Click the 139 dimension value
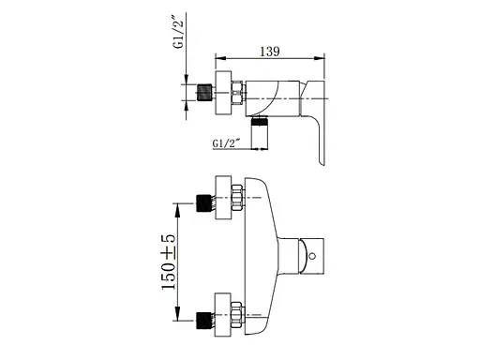click(x=270, y=52)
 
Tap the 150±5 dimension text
click(x=169, y=262)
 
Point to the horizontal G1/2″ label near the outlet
click(x=226, y=143)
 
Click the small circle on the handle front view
click(x=311, y=256)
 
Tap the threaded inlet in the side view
click(x=204, y=92)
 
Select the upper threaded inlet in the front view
click(x=204, y=202)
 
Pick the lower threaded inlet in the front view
click(x=204, y=321)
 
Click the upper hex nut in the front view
click(x=237, y=198)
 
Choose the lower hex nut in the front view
click(x=237, y=315)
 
